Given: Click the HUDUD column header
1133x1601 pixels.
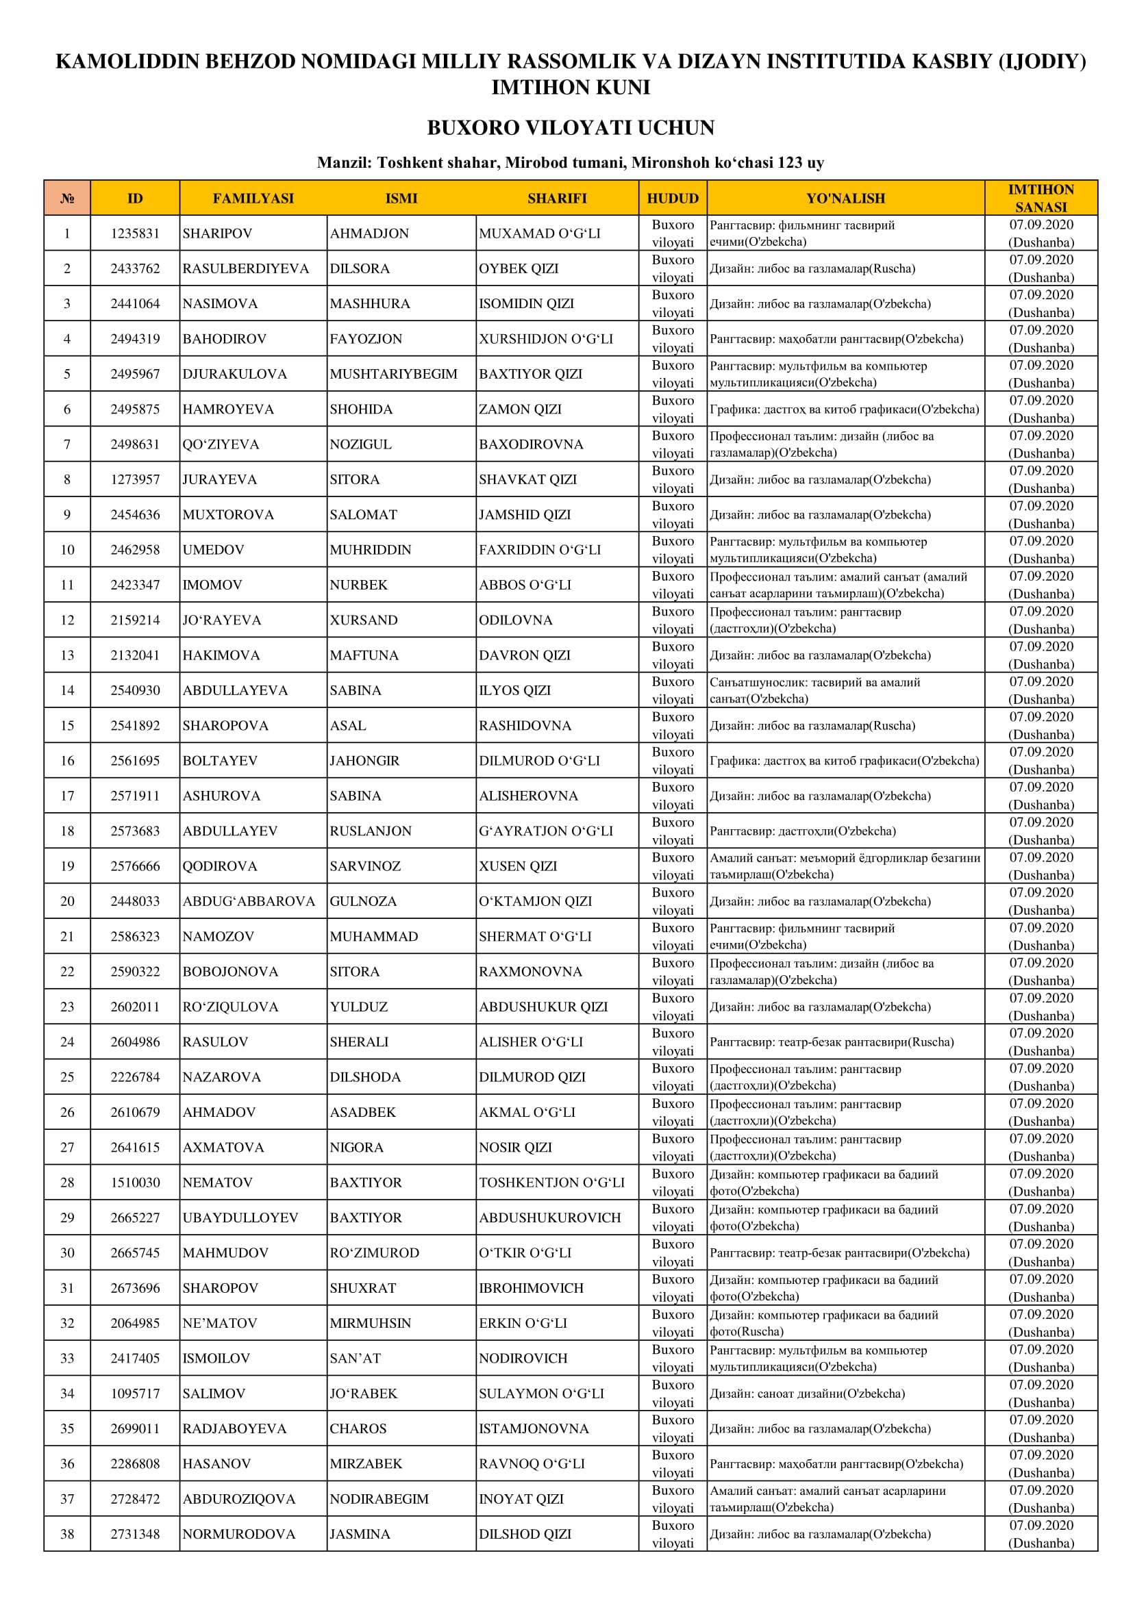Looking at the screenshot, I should [673, 198].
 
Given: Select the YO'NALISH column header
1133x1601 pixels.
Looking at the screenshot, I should [845, 198].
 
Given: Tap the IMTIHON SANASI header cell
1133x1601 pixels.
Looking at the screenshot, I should [1041, 198].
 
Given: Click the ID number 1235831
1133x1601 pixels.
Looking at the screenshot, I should [136, 234].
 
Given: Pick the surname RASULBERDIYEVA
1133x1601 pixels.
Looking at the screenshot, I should [246, 268].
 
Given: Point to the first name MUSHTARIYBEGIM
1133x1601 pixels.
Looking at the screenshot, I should [393, 374].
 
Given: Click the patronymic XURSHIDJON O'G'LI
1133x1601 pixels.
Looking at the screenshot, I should [545, 339].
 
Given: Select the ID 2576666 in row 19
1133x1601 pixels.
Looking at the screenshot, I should [136, 866].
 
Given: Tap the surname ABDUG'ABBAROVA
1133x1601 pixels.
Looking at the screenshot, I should [249, 901].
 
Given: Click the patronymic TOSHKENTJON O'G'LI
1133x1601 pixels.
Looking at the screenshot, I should [552, 1183].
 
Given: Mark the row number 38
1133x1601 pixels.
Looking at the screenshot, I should [67, 1534].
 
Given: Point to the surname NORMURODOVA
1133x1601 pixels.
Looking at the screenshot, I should [238, 1534].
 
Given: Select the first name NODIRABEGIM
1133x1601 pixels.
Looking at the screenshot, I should [379, 1499].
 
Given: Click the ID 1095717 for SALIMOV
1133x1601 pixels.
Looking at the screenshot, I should [136, 1394].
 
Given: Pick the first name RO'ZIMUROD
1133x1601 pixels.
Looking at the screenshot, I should [375, 1253].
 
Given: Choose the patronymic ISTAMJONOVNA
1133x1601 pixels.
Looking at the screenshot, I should [534, 1428].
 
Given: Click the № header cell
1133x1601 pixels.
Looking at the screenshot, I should [67, 198].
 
